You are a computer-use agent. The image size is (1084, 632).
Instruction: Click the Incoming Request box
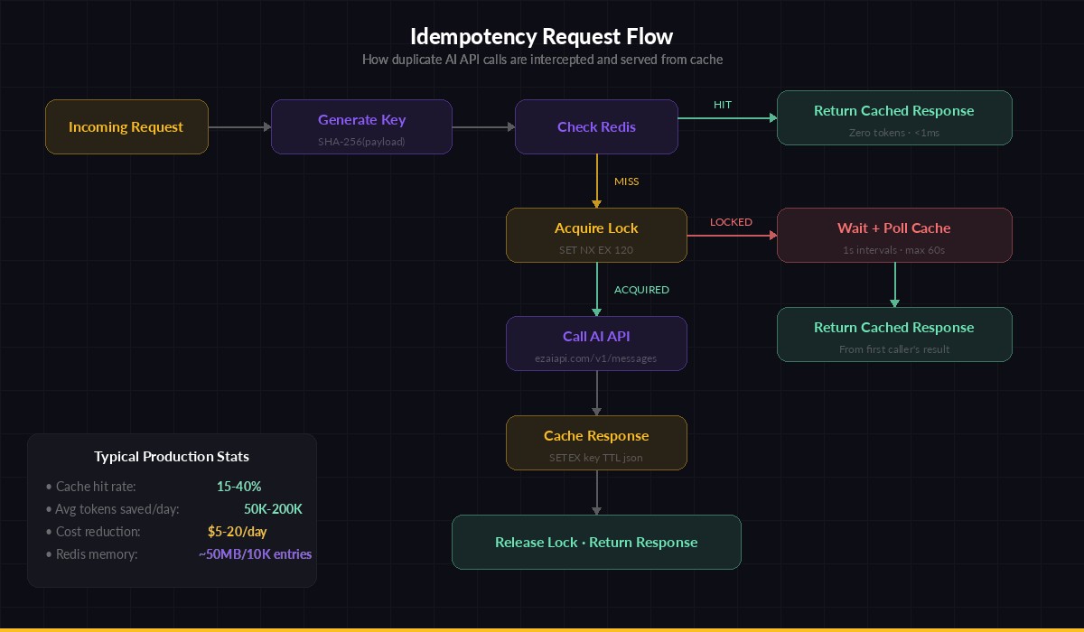(x=126, y=127)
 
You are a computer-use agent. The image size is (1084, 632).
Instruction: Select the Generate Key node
(x=361, y=127)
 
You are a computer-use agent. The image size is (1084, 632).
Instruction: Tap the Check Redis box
(x=596, y=127)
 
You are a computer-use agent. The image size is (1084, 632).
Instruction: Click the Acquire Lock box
(x=596, y=236)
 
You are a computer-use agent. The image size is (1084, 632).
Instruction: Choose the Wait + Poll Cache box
(x=894, y=236)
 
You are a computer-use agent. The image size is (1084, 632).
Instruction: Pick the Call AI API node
(x=596, y=344)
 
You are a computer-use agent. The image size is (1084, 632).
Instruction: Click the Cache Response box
(x=596, y=443)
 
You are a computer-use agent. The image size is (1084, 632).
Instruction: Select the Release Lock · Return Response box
(x=596, y=543)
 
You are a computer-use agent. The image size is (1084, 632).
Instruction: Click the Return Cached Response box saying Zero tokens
(x=894, y=118)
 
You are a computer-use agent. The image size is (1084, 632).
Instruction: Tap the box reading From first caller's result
(x=894, y=335)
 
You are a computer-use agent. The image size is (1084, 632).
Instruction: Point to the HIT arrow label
(x=723, y=105)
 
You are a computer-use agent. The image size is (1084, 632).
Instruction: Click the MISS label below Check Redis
(x=626, y=181)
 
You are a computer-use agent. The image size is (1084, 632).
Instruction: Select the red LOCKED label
(x=731, y=222)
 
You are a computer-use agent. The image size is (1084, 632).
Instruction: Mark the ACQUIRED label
(x=641, y=290)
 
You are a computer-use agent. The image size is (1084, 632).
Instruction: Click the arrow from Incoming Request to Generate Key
(x=239, y=127)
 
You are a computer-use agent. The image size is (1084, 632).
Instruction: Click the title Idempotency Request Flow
(x=542, y=37)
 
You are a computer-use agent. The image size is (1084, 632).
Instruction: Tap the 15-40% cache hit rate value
(x=238, y=487)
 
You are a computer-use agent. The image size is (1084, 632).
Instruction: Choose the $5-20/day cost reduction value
(x=237, y=532)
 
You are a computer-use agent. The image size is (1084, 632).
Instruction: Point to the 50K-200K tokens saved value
(x=273, y=509)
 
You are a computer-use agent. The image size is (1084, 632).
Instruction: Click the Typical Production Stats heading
(x=172, y=457)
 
